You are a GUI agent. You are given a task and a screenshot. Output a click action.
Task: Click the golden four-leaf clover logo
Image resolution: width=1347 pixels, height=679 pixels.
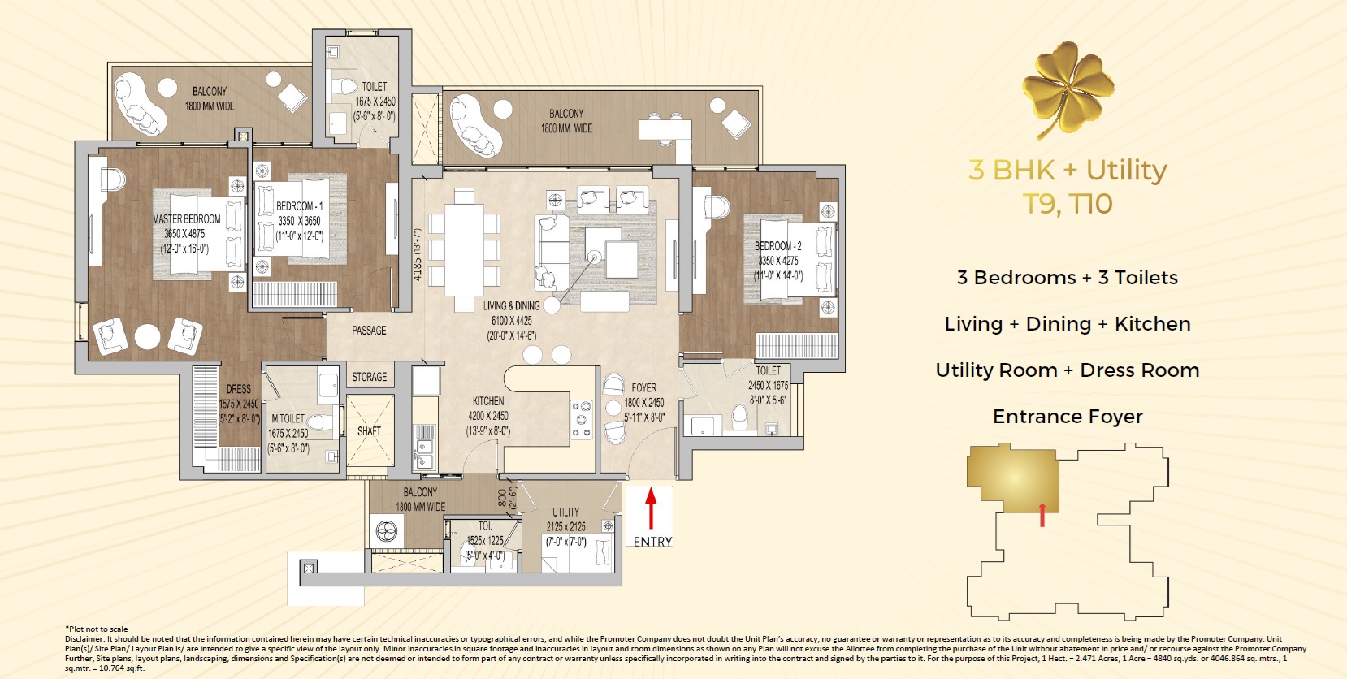1068,89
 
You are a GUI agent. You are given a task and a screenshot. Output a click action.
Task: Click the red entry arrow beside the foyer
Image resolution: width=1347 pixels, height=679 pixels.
650,508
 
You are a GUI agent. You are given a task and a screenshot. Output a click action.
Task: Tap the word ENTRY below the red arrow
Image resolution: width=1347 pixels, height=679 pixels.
652,542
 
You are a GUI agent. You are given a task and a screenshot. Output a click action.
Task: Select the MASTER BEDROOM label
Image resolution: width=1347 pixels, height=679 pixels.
186,219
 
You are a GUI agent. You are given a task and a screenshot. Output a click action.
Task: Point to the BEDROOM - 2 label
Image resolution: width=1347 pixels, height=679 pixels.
778,246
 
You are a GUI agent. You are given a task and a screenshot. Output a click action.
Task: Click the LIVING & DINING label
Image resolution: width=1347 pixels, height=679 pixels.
511,306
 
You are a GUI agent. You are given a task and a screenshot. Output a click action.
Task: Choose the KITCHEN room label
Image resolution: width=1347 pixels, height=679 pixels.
488,401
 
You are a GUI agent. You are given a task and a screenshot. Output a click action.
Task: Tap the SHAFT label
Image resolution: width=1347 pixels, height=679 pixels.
369,431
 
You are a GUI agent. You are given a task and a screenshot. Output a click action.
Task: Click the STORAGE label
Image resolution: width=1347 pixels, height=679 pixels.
369,377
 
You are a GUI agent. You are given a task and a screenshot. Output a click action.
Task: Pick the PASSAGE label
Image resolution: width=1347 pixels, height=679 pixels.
369,331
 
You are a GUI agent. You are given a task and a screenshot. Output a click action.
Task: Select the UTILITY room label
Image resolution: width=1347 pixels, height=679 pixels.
566,512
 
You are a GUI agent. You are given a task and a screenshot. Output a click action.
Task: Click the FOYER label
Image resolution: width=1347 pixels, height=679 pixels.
643,388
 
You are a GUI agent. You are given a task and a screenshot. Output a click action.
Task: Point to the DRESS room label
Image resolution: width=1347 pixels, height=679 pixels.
239,389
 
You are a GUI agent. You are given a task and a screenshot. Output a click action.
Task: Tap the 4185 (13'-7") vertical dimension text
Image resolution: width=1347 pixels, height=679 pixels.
418,255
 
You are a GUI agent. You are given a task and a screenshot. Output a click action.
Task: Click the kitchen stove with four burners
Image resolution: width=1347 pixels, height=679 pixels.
581,419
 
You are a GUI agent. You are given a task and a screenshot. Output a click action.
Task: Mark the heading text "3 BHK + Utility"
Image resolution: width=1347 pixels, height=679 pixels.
1068,171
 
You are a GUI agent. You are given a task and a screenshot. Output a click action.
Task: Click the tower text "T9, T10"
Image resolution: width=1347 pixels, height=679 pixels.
1068,203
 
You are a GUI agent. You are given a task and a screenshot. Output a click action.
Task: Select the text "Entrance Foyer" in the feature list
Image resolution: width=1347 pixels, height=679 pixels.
1068,416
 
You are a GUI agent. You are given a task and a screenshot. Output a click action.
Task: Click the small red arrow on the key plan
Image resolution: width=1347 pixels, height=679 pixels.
1042,515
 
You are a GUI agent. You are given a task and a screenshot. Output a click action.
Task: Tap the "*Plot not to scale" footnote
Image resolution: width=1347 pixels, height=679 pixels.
97,629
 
